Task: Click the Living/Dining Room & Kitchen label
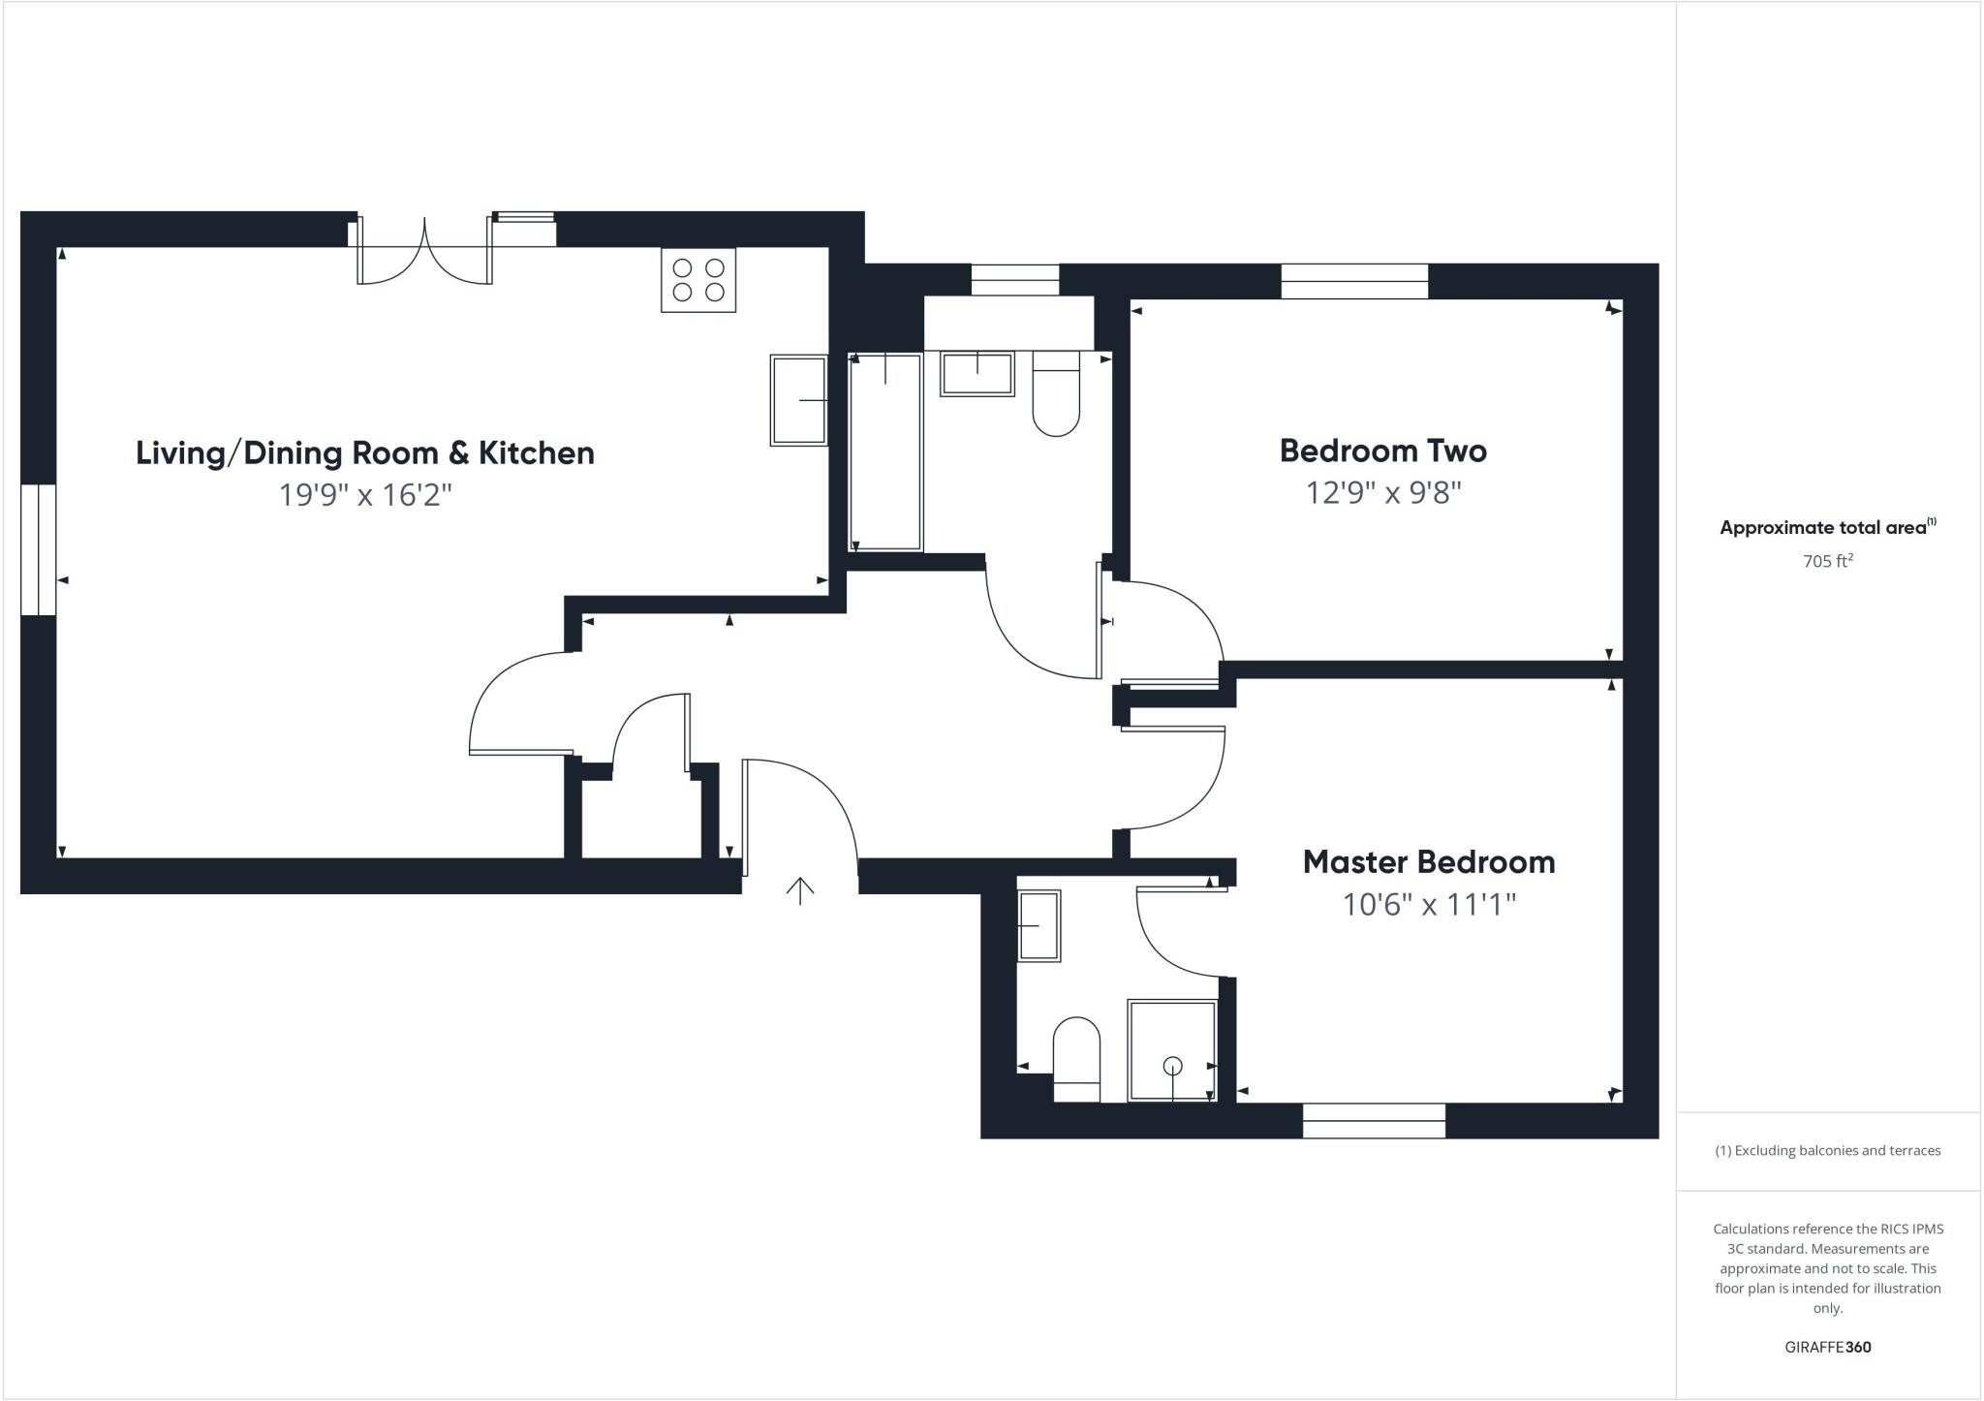pyautogui.click(x=364, y=452)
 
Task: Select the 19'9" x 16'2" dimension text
pyautogui.click(x=365, y=495)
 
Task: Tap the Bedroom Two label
pyautogui.click(x=1382, y=451)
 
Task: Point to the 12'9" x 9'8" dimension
pyautogui.click(x=1382, y=493)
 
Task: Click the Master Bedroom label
pyautogui.click(x=1428, y=861)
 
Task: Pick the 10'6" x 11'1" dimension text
pyautogui.click(x=1428, y=905)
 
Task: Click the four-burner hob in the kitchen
pyautogui.click(x=698, y=280)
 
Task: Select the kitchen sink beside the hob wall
pyautogui.click(x=798, y=400)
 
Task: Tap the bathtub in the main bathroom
pyautogui.click(x=885, y=451)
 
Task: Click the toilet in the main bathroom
pyautogui.click(x=1056, y=397)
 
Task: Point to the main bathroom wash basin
pyautogui.click(x=976, y=374)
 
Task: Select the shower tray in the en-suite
pyautogui.click(x=1172, y=1050)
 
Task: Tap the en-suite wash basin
pyautogui.click(x=1038, y=925)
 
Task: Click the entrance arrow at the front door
pyautogui.click(x=800, y=890)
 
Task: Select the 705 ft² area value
pyautogui.click(x=1827, y=561)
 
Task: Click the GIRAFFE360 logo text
pyautogui.click(x=1827, y=1347)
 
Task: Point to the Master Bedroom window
pyautogui.click(x=1374, y=1121)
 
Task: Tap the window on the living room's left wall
pyautogui.click(x=39, y=549)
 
